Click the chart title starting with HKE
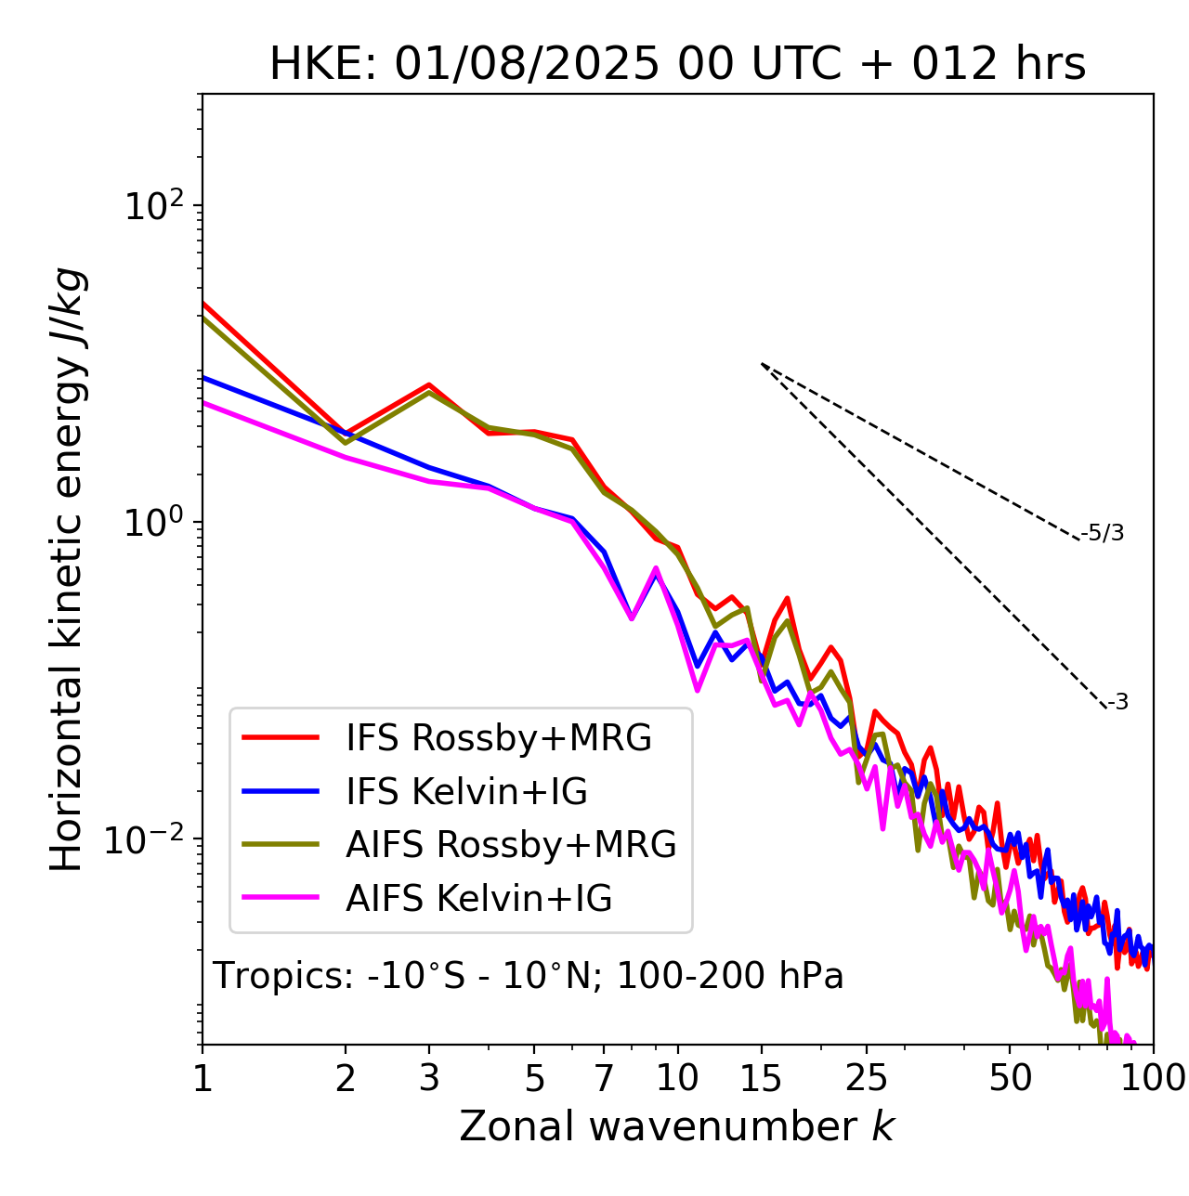point(677,64)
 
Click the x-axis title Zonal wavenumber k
point(676,1125)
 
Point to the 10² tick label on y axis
point(153,205)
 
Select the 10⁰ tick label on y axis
point(153,522)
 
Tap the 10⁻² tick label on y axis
point(148,838)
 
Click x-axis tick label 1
point(203,1078)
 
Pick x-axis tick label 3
point(429,1078)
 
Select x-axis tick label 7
point(604,1078)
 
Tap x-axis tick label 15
point(761,1078)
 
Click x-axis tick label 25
point(866,1078)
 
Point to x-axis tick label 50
point(1010,1078)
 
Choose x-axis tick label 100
point(1153,1078)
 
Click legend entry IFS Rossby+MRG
point(498,737)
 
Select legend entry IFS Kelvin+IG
point(466,791)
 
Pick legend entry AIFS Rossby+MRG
point(511,845)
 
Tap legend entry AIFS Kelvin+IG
point(478,899)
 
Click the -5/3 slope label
point(1103,533)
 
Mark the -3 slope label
point(1117,702)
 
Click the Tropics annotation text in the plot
point(528,976)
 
